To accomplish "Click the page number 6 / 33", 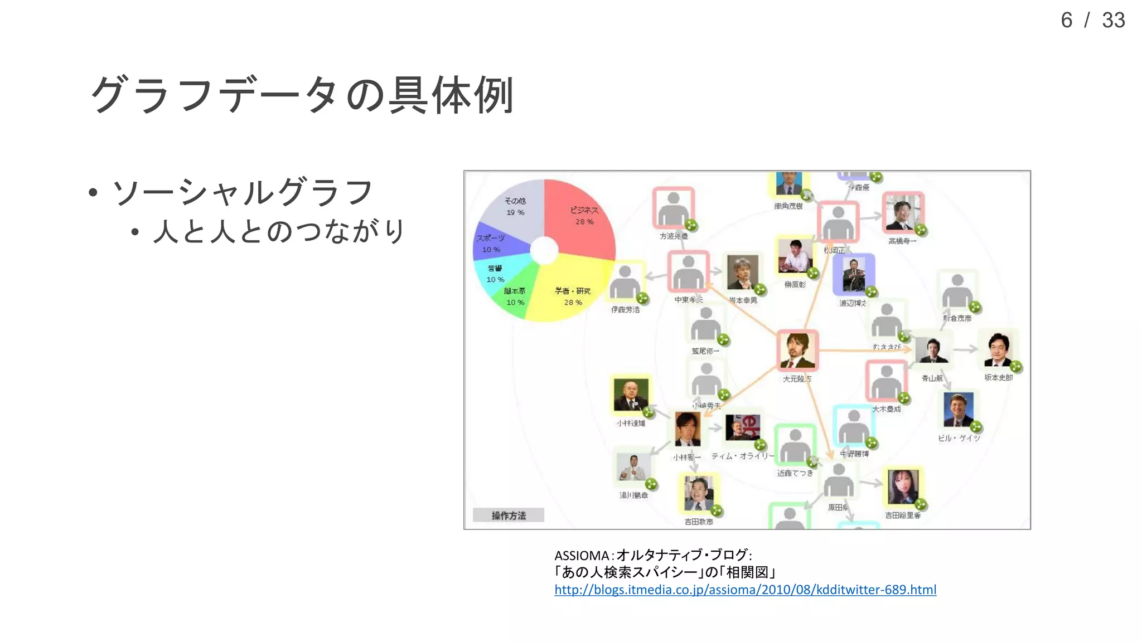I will pos(1092,21).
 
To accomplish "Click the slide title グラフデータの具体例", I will pos(301,95).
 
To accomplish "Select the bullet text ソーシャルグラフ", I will pos(242,193).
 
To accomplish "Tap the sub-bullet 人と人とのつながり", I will pos(279,231).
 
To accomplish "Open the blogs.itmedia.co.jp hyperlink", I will pos(745,590).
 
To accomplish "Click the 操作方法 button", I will pos(508,515).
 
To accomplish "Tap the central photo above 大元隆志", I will pos(797,351).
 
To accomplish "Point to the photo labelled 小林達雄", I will pos(631,395).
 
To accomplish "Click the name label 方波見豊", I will pos(674,236).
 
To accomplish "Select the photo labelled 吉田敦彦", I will pos(698,494).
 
